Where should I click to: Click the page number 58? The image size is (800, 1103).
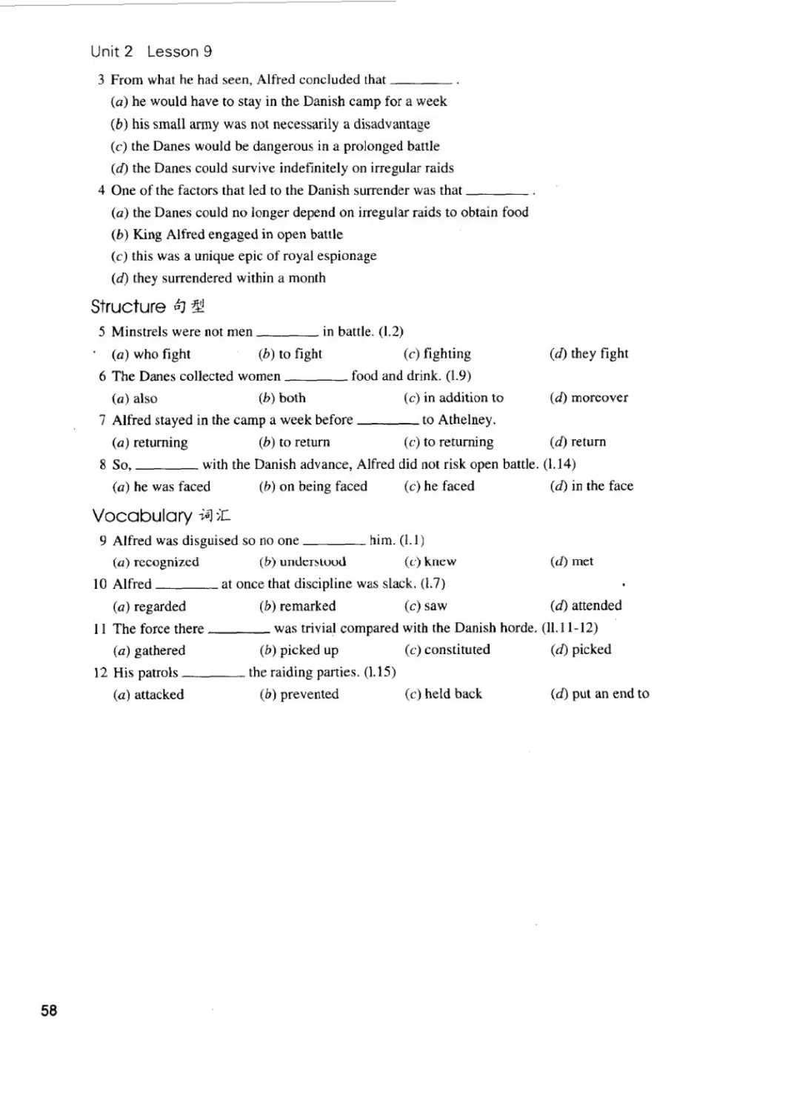(49, 1010)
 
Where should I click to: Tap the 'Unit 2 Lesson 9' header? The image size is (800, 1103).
(151, 51)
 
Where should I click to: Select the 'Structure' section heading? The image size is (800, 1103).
(128, 307)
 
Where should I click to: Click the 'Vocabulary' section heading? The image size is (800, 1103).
(141, 516)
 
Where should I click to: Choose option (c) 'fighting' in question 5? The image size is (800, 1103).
(437, 354)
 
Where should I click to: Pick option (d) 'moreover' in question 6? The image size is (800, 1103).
(589, 398)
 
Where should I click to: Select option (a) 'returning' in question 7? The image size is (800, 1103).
(150, 442)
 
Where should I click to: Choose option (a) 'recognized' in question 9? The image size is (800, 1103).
(156, 562)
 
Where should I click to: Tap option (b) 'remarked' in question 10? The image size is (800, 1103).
(298, 606)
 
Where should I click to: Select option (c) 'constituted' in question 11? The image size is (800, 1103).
(447, 650)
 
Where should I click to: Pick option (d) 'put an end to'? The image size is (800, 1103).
(599, 694)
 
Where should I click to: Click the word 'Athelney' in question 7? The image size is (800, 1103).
(465, 420)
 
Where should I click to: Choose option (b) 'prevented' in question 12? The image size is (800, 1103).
(299, 694)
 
